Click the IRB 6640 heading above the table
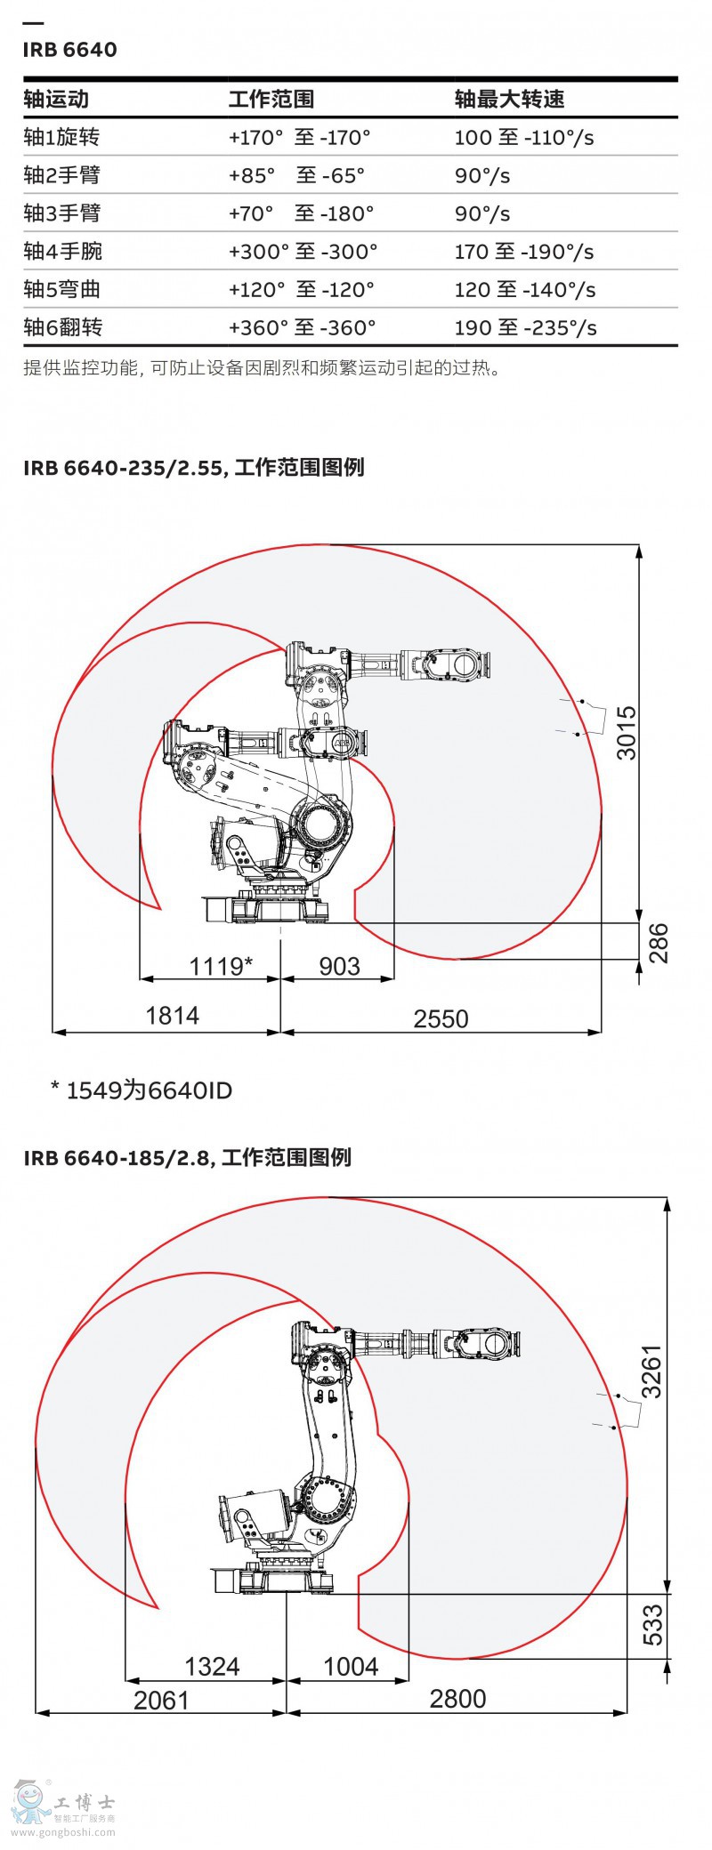pyautogui.click(x=69, y=50)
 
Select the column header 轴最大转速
pyautogui.click(x=509, y=99)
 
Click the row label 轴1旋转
pyautogui.click(x=61, y=137)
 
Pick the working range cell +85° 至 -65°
pyautogui.click(x=296, y=175)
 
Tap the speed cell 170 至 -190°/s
pyautogui.click(x=523, y=252)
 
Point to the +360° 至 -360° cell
pyautogui.click(x=302, y=327)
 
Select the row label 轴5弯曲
pyautogui.click(x=61, y=289)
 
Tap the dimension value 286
pyautogui.click(x=657, y=943)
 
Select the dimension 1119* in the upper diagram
pyautogui.click(x=221, y=965)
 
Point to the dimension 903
pyautogui.click(x=339, y=966)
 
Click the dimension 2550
pyautogui.click(x=441, y=1018)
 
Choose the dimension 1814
pyautogui.click(x=172, y=1015)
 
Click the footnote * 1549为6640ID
pyautogui.click(x=142, y=1090)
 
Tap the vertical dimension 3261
pyautogui.click(x=651, y=1371)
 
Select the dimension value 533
pyautogui.click(x=652, y=1624)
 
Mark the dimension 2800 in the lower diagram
pyautogui.click(x=457, y=1699)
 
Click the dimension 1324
pyautogui.click(x=212, y=1666)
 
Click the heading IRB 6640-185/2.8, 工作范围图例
pyautogui.click(x=187, y=1157)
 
